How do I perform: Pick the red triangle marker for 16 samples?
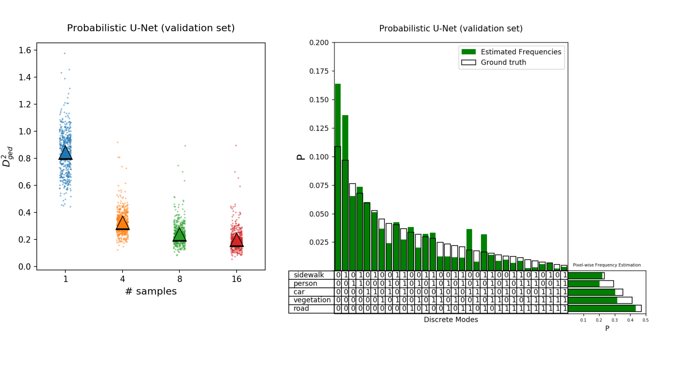236,241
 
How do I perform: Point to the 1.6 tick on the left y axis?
25,50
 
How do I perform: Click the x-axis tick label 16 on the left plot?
236,279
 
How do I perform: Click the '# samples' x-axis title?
151,291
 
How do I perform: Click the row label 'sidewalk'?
309,275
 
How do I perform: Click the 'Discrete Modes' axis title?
451,319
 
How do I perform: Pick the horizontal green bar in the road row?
602,309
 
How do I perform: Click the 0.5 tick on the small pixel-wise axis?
646,320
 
